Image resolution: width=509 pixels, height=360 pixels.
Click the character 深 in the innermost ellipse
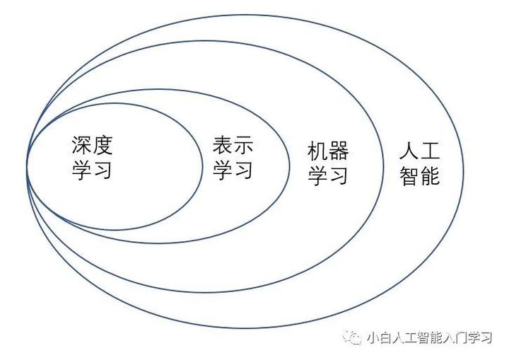82,146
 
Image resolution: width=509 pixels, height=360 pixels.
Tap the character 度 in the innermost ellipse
103,146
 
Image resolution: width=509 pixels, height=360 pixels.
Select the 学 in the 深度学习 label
82,170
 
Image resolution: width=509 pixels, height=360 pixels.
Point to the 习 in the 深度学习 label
103,170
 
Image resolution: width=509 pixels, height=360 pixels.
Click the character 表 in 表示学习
223,146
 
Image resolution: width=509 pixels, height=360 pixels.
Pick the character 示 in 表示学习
243,146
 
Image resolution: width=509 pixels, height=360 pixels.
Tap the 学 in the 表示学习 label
223,170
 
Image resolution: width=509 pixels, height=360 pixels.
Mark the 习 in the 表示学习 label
243,170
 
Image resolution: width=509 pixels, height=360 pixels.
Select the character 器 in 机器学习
339,151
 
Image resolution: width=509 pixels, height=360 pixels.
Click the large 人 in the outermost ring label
410,151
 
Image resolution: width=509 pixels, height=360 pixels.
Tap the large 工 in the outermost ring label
431,151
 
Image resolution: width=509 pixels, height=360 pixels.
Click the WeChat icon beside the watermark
351,337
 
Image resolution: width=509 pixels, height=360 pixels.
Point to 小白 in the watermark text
378,338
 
